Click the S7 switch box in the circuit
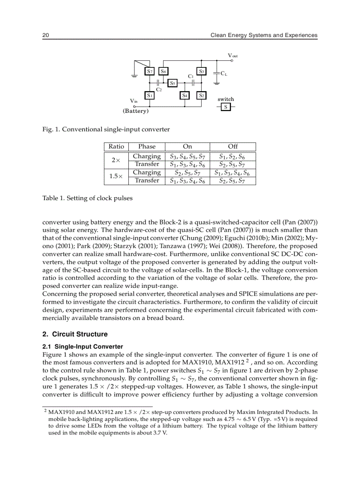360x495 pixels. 150,71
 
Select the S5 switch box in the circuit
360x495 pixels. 173,82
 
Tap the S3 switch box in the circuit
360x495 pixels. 202,71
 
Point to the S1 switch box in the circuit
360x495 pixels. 150,95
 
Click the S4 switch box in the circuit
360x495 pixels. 185,95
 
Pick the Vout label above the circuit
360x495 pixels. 232,56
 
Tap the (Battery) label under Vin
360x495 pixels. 136,111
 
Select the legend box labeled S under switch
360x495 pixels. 225,107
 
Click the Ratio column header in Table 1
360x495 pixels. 116,146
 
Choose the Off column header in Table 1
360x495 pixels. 232,146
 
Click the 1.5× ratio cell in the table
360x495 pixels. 116,176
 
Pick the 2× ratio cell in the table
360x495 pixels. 116,160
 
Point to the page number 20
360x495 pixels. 45,35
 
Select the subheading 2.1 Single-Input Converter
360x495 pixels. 82,347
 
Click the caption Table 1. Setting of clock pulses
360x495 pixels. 87,198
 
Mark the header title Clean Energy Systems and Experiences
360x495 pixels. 264,35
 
